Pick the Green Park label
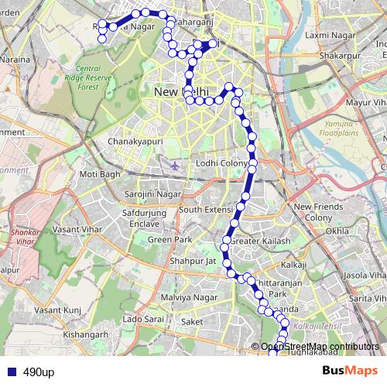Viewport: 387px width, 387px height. pos(170,240)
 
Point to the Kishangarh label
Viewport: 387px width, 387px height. pos(87,334)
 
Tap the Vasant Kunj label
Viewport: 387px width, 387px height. pos(57,310)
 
